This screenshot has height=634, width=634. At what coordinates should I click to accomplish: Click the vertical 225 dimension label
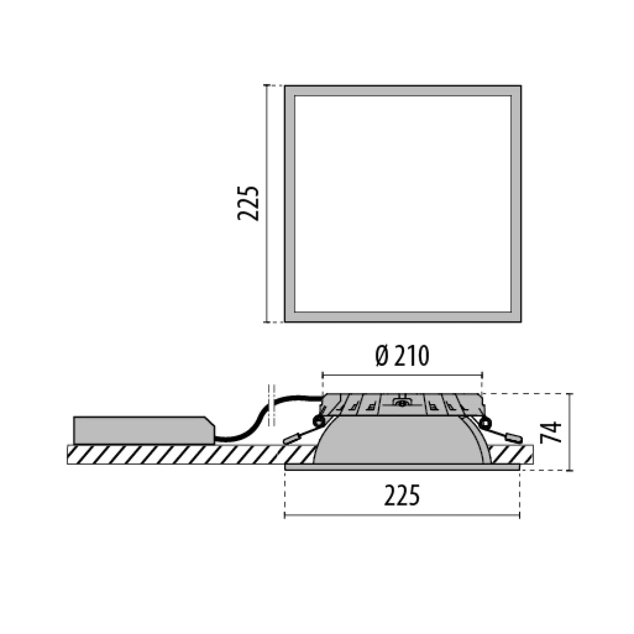coord(249,204)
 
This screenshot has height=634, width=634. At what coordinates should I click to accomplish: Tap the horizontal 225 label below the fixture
coord(402,495)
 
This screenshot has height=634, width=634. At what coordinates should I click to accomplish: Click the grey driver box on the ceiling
coord(144,430)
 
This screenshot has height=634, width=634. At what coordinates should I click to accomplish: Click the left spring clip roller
coord(318,421)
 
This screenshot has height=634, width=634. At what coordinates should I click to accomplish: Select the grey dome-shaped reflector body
coord(402,440)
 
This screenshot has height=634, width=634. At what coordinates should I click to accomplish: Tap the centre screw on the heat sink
coord(402,403)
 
